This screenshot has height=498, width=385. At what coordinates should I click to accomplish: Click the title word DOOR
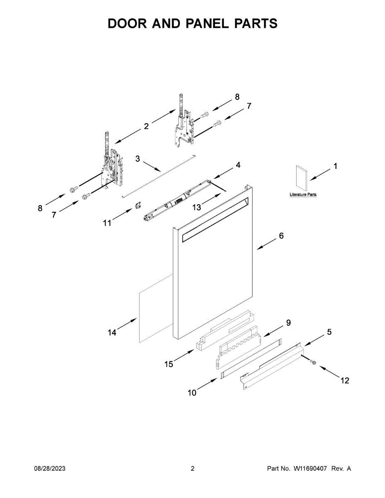[x=128, y=24]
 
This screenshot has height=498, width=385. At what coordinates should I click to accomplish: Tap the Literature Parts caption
[x=303, y=195]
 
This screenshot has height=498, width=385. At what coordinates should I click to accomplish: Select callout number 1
[x=335, y=166]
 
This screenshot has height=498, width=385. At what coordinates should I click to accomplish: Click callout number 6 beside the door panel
[x=281, y=236]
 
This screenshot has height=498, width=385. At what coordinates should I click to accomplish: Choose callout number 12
[x=345, y=380]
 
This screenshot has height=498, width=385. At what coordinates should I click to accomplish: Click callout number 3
[x=137, y=159]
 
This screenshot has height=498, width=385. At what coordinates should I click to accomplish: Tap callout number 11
[x=107, y=223]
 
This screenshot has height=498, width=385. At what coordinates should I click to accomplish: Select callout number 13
[x=196, y=207]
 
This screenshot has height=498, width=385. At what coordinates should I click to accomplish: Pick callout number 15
[x=168, y=364]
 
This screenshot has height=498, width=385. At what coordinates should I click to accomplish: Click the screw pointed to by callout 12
[x=313, y=363]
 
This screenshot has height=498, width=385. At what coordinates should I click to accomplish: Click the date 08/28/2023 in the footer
[x=49, y=469]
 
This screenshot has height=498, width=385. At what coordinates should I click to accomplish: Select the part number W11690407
[x=311, y=469]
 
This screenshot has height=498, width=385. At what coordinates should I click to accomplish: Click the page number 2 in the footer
[x=192, y=469]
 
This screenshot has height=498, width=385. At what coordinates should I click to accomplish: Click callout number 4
[x=238, y=165]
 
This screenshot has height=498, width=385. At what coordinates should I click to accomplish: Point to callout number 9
[x=288, y=322]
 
